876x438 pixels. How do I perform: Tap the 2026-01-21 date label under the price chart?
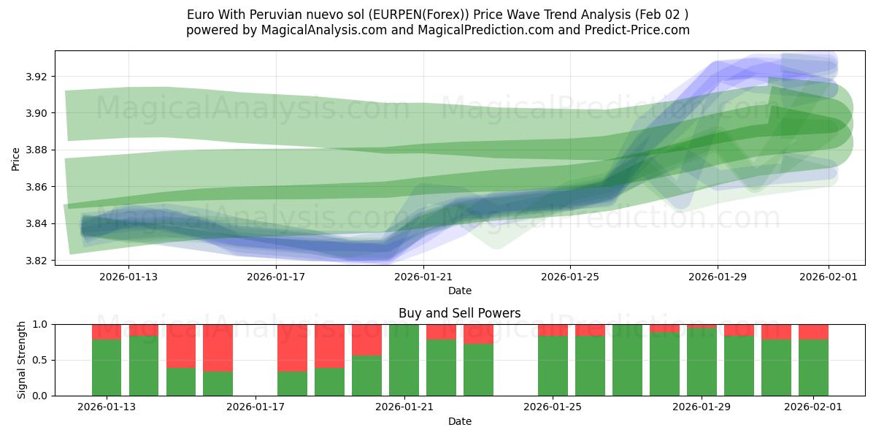tap(423, 276)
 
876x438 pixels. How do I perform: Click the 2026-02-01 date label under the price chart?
tap(828, 276)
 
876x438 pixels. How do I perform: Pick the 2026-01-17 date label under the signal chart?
tap(256, 407)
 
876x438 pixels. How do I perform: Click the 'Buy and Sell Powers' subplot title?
tap(459, 313)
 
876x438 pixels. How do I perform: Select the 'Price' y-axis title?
tap(16, 159)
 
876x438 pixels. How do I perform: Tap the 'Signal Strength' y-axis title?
tap(22, 360)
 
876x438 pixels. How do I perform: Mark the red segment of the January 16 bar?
tap(218, 347)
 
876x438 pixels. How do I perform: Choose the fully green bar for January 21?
tap(404, 360)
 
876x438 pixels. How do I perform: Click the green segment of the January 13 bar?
tap(107, 367)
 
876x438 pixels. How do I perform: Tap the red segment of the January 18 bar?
tap(292, 347)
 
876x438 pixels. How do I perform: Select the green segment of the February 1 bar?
tap(813, 367)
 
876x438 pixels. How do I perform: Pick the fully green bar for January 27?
tap(627, 360)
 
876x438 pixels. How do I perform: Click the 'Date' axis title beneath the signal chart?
tap(459, 421)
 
